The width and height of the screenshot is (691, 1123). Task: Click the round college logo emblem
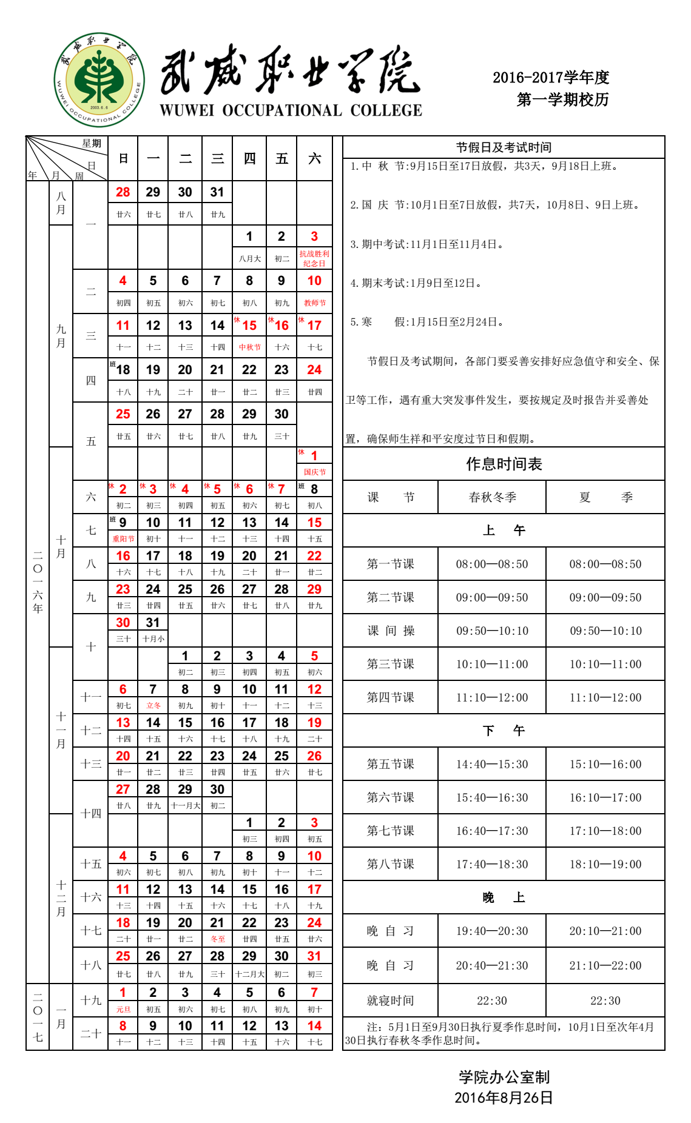tap(99, 79)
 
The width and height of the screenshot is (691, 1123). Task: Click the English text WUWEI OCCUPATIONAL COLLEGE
tap(291, 110)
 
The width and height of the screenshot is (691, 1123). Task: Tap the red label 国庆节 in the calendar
tap(314, 472)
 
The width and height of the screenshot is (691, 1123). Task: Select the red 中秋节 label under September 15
tap(249, 347)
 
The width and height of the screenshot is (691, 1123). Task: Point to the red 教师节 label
tap(314, 303)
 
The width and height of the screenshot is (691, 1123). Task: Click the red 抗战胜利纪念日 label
tap(314, 258)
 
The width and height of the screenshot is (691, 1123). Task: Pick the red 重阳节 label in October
tap(123, 538)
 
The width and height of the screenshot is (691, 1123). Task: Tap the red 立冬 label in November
tap(153, 705)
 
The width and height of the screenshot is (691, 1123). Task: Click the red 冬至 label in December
tap(217, 939)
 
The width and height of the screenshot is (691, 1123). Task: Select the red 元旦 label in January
tap(123, 1010)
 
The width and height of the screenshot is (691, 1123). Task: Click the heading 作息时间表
tap(504, 464)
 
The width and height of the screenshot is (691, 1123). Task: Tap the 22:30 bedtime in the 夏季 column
tap(605, 1001)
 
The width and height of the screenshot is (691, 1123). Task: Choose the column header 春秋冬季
tap(492, 497)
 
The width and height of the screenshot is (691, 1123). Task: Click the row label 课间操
tap(390, 631)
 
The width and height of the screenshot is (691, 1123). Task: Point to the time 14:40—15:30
tap(492, 764)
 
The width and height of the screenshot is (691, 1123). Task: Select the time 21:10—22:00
tap(605, 965)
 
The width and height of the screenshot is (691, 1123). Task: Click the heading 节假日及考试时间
tap(504, 147)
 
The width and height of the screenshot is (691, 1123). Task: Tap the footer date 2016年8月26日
tap(504, 1098)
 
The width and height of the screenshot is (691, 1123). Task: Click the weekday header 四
tap(249, 159)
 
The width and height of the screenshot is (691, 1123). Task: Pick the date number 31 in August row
tap(217, 192)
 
